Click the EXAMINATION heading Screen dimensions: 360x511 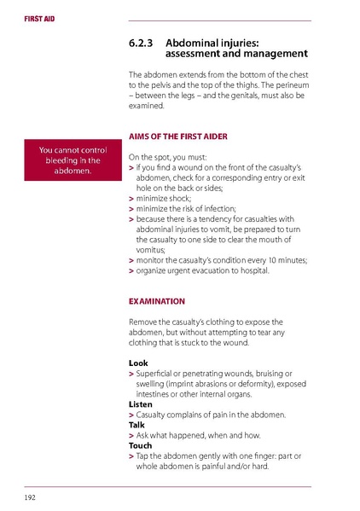click(156, 300)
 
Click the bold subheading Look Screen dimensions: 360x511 click(137, 363)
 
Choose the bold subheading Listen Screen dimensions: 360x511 click(140, 404)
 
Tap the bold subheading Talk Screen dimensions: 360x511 click(136, 424)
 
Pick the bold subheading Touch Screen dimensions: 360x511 click(139, 444)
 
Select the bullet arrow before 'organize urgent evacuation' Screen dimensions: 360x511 click(131, 270)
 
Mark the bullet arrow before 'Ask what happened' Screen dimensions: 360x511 click(131, 434)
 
